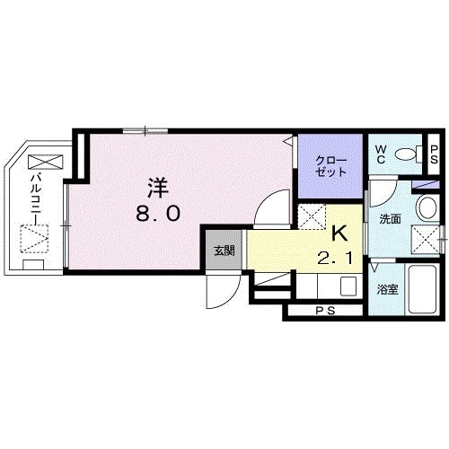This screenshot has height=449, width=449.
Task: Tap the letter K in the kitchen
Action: [339, 233]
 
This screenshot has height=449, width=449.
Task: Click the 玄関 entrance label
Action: [224, 251]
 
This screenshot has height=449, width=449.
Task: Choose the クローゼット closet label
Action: [331, 165]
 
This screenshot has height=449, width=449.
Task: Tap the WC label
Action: [381, 154]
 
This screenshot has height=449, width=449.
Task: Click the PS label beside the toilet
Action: [434, 154]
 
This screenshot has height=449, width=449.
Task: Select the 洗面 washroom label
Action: [390, 219]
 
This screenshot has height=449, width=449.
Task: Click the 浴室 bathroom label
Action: [387, 289]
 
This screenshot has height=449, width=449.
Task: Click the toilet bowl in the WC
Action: [409, 154]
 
